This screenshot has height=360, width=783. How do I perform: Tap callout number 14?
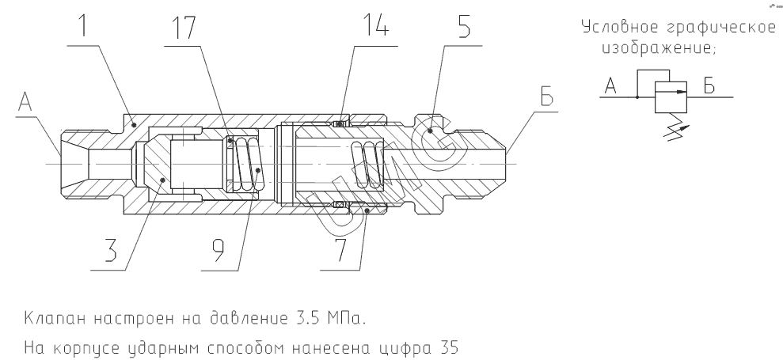(375, 26)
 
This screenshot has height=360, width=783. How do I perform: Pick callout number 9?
(219, 250)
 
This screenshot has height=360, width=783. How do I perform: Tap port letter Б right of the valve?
(547, 97)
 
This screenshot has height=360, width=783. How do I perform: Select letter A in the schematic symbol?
(610, 86)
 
